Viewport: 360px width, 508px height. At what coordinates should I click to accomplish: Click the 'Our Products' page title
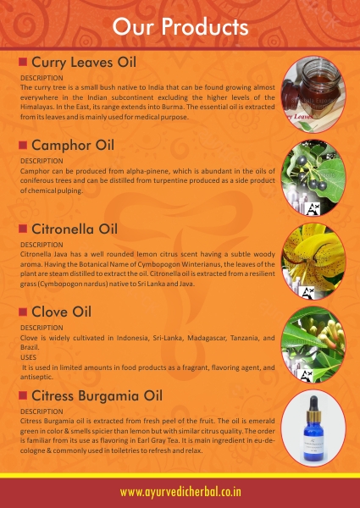coord(180,26)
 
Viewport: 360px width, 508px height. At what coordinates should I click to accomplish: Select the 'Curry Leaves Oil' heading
coord(84,62)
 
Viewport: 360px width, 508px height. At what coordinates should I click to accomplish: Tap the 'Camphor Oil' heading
coord(73,146)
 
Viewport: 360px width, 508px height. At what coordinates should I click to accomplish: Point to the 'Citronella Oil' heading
coord(75,229)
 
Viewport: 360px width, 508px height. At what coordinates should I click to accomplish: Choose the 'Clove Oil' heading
coord(62,312)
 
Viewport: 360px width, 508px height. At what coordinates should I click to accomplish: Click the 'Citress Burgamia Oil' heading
coord(97,396)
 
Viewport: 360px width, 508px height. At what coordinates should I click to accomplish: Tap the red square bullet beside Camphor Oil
coord(23,145)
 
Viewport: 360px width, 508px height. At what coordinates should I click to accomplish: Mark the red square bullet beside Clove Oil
coord(23,312)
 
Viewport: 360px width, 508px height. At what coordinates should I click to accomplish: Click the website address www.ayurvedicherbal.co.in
coord(180,492)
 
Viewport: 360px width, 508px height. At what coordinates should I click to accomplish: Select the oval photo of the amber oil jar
coord(313,94)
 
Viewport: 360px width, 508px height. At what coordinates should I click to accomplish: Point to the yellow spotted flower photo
coord(313,261)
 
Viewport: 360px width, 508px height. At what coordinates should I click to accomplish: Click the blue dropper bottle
coord(313,429)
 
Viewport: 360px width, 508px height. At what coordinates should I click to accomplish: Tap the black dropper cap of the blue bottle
coord(313,403)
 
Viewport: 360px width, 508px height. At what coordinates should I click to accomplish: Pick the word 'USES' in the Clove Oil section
coord(28,357)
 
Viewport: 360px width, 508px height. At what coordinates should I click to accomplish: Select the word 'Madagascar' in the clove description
coord(207,338)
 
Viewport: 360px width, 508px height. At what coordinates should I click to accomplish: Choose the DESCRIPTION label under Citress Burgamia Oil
coord(42,411)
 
